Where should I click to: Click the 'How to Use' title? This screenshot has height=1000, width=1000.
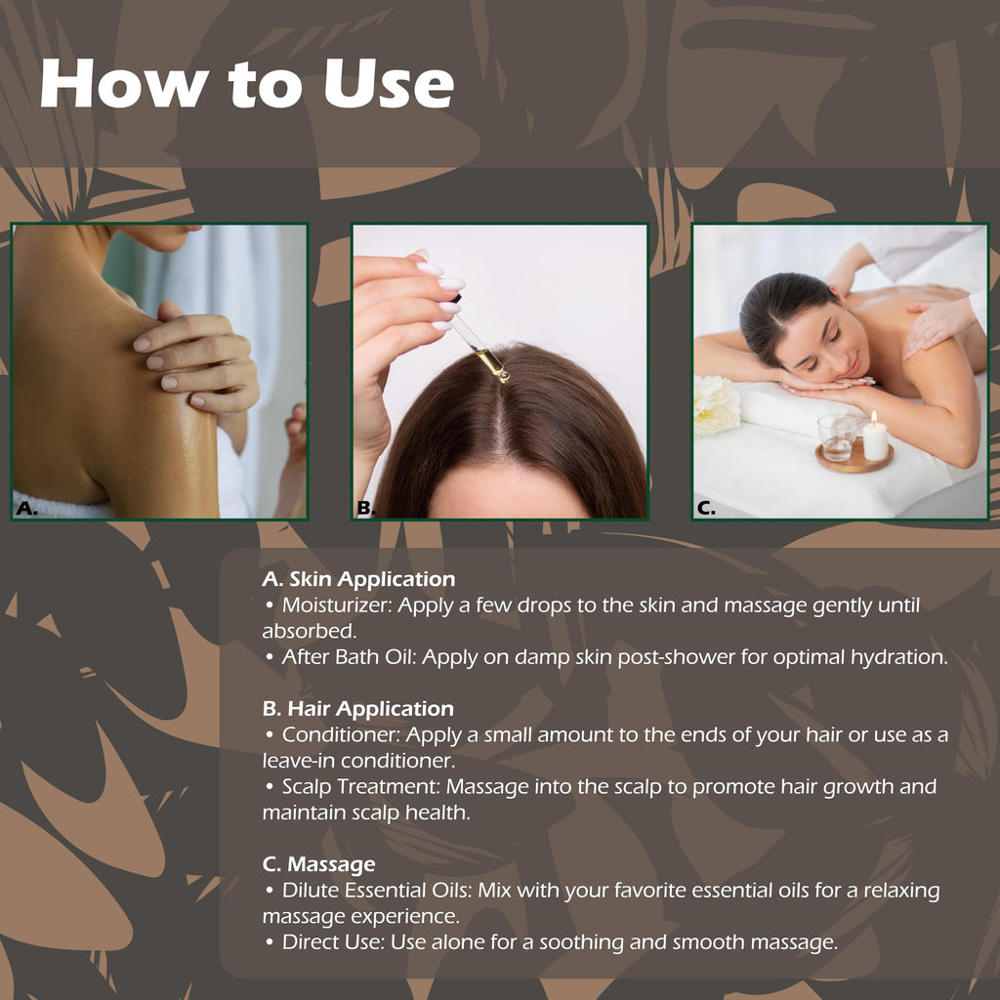click(247, 84)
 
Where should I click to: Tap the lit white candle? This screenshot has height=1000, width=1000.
click(874, 437)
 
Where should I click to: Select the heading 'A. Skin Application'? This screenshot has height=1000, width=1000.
click(358, 579)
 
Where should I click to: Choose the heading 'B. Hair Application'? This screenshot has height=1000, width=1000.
click(357, 709)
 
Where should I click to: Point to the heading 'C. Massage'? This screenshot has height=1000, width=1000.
click(319, 864)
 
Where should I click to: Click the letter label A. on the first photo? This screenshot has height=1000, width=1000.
click(26, 508)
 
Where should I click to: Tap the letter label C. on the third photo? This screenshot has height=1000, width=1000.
click(706, 508)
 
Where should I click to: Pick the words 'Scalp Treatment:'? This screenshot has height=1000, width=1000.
click(361, 787)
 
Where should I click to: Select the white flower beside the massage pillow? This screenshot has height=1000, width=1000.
click(716, 405)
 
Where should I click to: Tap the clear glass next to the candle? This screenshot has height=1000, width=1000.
click(837, 437)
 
